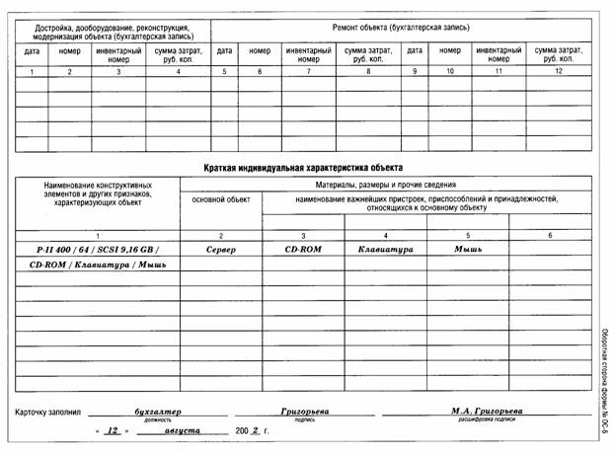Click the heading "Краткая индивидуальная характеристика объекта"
pyautogui.click(x=303, y=168)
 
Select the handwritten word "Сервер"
pyautogui.click(x=220, y=250)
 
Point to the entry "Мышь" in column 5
pyautogui.click(x=467, y=250)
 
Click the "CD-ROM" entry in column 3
pyautogui.click(x=303, y=250)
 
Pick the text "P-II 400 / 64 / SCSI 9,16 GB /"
pyautogui.click(x=95, y=250)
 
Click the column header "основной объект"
pyautogui.click(x=220, y=200)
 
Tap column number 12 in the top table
pyautogui.click(x=558, y=72)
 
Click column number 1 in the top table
pyautogui.click(x=32, y=72)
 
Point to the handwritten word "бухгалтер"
pyautogui.click(x=158, y=411)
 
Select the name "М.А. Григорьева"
pyautogui.click(x=487, y=411)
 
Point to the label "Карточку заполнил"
pyautogui.click(x=50, y=412)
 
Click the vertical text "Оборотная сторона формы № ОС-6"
pyautogui.click(x=602, y=380)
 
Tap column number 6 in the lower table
pyautogui.click(x=550, y=235)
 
